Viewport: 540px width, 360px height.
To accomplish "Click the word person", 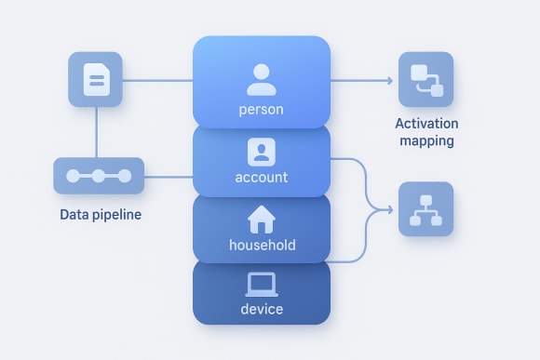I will tap(261, 110).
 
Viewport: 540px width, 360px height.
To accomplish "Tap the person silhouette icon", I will tap(261, 79).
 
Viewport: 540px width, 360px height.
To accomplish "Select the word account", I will tap(261, 177).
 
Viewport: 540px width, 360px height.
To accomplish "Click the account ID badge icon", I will tap(261, 151).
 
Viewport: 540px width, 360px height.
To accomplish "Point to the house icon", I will tap(262, 220).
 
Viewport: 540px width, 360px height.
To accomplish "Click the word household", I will tap(262, 246).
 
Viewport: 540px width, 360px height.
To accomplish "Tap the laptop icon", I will tap(262, 283).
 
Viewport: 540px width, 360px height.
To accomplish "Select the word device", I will tap(262, 309).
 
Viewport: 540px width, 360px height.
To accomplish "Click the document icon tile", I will tap(95, 79).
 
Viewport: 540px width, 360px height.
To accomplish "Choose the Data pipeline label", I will tap(100, 215).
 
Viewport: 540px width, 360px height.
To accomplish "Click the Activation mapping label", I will tap(425, 132).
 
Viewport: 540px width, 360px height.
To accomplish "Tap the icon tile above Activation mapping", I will tap(425, 79).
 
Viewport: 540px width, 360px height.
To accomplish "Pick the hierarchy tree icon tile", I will tap(425, 208).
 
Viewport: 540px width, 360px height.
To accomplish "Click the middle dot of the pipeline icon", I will tap(99, 176).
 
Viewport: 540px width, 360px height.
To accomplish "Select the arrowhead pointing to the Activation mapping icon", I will tap(388, 80).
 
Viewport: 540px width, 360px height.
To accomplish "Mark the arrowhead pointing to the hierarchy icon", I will tap(388, 209).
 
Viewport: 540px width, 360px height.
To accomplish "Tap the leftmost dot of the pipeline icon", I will tap(73, 176).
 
